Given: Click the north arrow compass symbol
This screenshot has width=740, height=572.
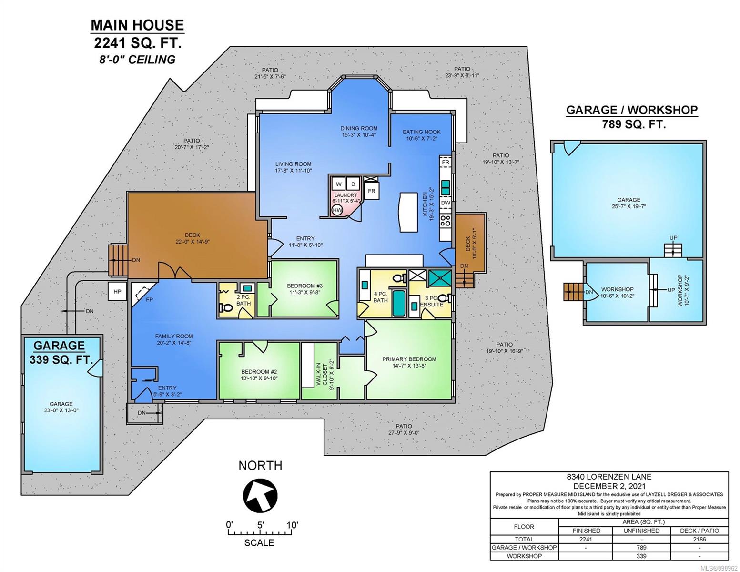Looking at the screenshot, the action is click(x=260, y=495).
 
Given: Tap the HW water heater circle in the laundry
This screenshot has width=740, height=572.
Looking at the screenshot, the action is click(x=337, y=210).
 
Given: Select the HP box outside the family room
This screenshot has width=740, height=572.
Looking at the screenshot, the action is click(x=117, y=291).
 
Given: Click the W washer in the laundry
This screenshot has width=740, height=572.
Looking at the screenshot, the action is click(x=339, y=184).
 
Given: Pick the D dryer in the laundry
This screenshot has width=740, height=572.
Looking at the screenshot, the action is click(x=353, y=184).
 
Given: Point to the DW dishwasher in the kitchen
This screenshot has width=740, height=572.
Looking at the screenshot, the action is click(x=446, y=203).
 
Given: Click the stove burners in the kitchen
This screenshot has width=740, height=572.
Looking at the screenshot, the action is click(x=446, y=220).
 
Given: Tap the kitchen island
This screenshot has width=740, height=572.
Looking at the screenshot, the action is click(x=409, y=212).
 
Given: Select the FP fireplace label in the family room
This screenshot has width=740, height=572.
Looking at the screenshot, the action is click(x=149, y=300).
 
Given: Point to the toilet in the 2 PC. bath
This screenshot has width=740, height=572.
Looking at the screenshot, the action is click(x=226, y=308).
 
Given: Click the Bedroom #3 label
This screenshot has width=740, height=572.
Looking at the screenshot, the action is click(x=304, y=286).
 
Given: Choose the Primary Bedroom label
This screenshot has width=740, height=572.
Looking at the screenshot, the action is click(x=409, y=359).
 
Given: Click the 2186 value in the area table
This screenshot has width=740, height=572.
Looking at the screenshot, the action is click(x=699, y=539).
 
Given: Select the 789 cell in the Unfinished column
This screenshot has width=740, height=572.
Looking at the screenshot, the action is click(x=641, y=548).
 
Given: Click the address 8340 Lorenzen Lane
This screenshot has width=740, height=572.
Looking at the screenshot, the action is click(x=609, y=477).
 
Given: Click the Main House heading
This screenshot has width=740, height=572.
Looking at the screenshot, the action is click(x=137, y=25).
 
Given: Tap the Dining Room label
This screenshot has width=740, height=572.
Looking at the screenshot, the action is click(x=359, y=128).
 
